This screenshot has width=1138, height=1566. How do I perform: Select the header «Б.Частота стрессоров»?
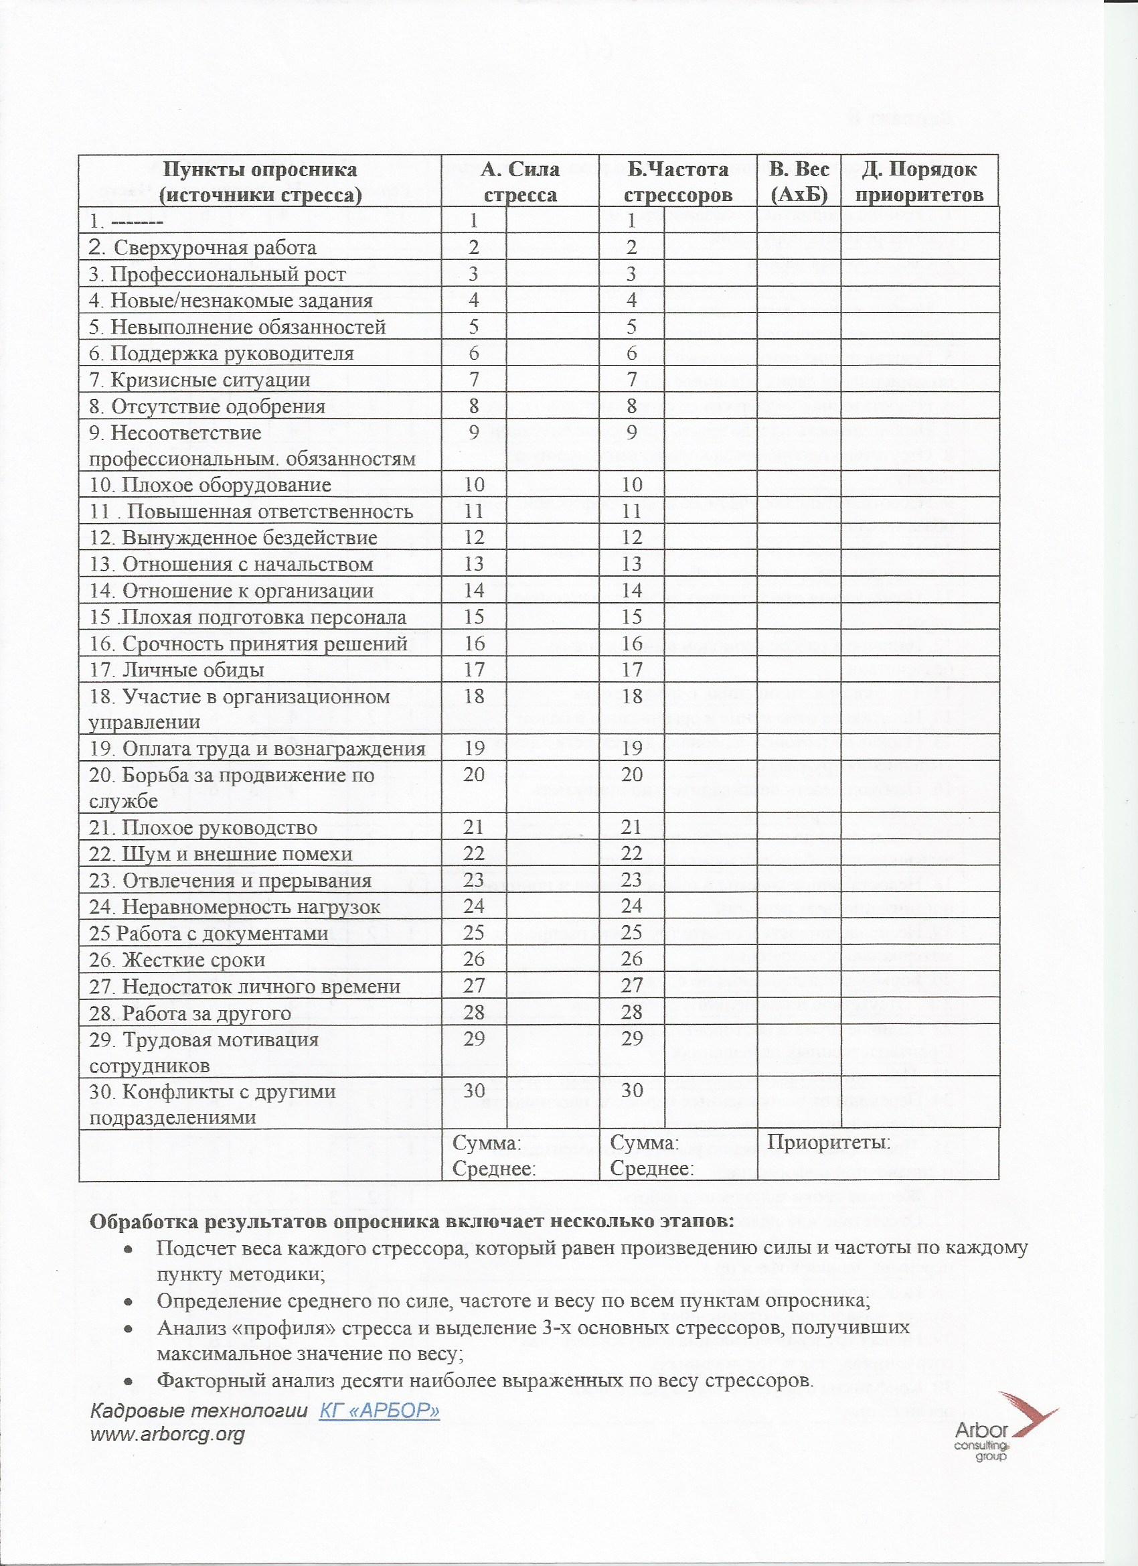(x=677, y=182)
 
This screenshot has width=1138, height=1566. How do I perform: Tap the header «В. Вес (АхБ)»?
(x=799, y=182)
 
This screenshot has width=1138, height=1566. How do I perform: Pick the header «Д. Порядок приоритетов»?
(x=920, y=182)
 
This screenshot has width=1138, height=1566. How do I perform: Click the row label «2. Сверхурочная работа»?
(x=204, y=247)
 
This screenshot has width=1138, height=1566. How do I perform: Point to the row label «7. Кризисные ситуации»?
(x=200, y=380)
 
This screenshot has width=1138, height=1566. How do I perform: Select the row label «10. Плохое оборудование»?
(x=210, y=485)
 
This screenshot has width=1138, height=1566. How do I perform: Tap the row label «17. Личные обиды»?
(x=177, y=670)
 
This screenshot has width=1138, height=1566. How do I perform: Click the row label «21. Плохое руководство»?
(x=203, y=827)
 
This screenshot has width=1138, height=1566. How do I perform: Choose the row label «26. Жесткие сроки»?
(x=177, y=960)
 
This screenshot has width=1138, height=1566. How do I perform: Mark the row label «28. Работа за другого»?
(x=191, y=1013)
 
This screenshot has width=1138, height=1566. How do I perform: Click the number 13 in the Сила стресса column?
(x=474, y=564)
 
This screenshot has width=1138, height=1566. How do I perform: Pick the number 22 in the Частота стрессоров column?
(x=631, y=853)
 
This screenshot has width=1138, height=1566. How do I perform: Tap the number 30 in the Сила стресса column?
(x=474, y=1090)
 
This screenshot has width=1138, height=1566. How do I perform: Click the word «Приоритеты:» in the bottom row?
(x=828, y=1143)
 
